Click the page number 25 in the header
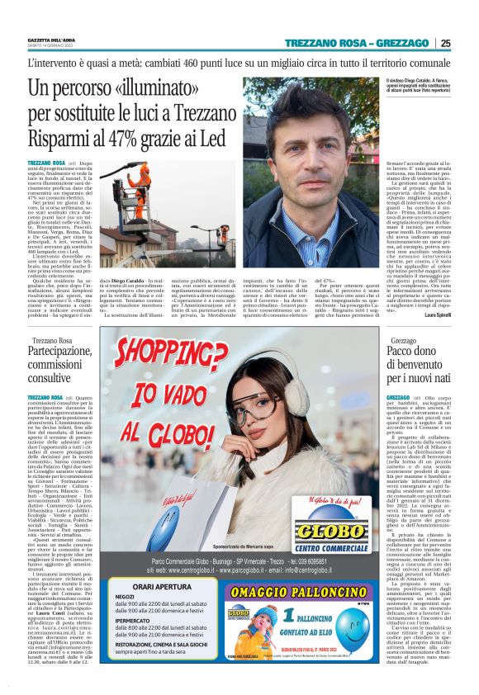[x=445, y=43]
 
